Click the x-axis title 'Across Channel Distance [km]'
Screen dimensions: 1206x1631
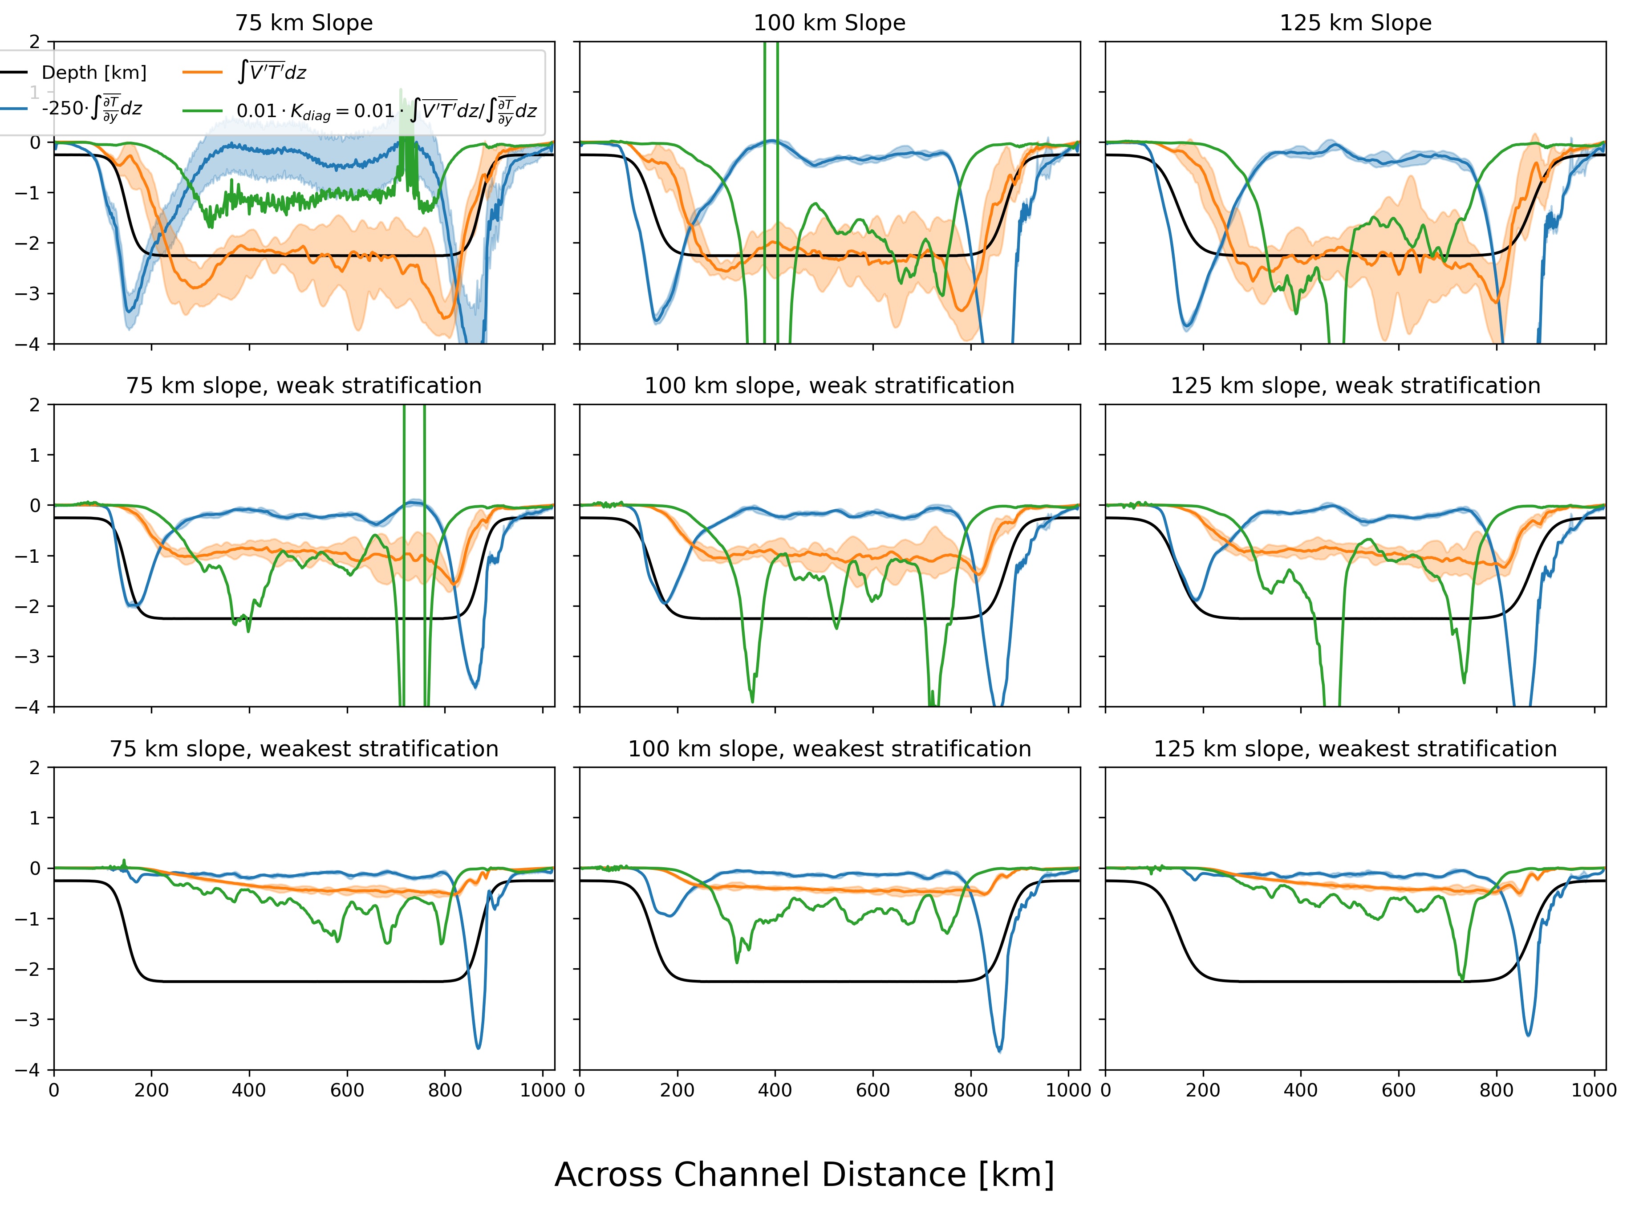point(804,1174)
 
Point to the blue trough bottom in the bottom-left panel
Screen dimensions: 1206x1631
point(479,1048)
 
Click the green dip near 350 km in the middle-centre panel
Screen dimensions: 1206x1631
point(752,701)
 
